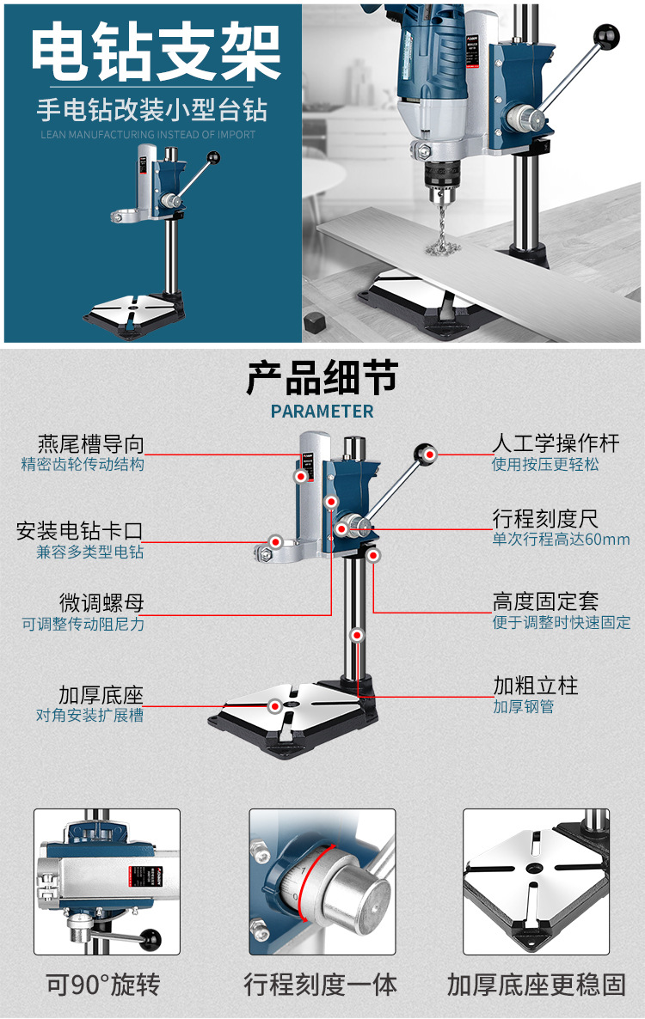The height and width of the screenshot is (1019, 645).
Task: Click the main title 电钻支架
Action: pos(156,53)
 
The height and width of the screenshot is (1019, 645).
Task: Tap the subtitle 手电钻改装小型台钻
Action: pos(151,110)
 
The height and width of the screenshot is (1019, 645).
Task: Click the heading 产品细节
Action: pos(322,377)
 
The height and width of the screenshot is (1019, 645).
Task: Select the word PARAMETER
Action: pos(322,412)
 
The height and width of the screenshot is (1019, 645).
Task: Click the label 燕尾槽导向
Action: pos(90,444)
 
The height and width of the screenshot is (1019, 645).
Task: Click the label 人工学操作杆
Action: pos(556,443)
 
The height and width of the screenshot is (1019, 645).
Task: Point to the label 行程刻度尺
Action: pos(545,519)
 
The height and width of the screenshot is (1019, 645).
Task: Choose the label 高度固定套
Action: pos(545,601)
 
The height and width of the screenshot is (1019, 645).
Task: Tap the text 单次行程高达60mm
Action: pos(561,540)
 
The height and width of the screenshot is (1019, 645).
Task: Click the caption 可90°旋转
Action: pos(103,984)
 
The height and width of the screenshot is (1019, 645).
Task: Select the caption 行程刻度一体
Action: pos(321,984)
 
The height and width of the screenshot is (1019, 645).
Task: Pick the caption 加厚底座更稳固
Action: pos(536,984)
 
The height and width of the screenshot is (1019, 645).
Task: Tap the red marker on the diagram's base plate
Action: pos(274,706)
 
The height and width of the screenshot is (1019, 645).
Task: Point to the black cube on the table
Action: pos(316,322)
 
